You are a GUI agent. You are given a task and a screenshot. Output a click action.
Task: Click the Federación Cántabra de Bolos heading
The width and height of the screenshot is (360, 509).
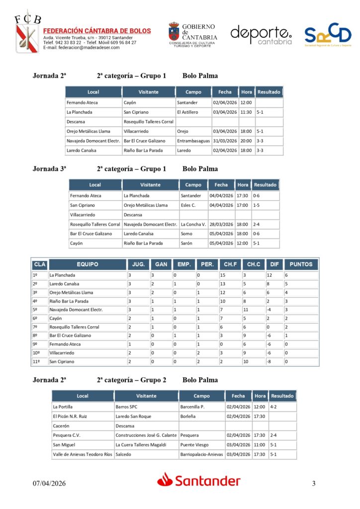pos(97,31)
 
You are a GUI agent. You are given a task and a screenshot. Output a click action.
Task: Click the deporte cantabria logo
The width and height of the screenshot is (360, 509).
pos(261,35)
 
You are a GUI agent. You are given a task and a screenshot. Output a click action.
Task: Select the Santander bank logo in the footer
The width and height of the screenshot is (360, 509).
pos(199,481)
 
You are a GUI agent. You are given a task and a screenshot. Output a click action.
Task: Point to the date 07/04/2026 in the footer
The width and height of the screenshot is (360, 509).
pos(49,484)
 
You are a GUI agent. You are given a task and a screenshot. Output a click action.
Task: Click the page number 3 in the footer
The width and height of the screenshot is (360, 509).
pos(314,484)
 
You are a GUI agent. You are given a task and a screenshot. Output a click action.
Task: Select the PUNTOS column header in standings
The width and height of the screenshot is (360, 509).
pos(301,264)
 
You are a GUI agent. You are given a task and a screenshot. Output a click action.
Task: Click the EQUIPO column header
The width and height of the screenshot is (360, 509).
pos(88,264)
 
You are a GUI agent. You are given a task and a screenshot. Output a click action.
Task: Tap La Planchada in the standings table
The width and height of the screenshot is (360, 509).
pos(63,275)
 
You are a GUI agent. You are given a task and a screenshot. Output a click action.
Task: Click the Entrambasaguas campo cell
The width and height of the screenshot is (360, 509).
pos(193,141)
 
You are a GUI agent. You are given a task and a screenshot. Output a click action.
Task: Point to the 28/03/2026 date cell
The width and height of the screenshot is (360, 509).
pos(221,224)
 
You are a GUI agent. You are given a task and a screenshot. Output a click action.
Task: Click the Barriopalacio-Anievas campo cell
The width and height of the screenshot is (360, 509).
pos(201,454)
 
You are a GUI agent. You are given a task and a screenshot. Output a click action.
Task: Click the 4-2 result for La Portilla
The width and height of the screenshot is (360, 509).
pos(274,407)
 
